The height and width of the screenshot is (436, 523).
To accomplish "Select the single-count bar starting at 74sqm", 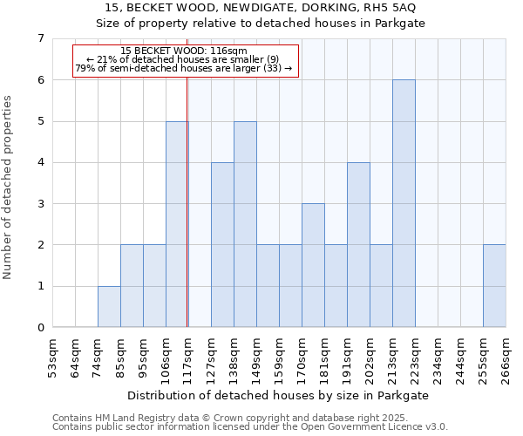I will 109,307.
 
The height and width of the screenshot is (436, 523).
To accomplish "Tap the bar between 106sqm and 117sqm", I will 177,224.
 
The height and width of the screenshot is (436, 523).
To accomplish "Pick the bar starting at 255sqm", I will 494,286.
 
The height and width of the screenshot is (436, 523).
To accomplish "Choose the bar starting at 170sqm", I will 313,265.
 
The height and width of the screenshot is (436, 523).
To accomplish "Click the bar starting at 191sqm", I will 358,245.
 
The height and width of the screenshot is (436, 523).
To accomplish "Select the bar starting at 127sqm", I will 222,245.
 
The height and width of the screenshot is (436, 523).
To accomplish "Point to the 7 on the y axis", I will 40,38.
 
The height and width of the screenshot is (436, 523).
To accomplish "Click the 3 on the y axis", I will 40,204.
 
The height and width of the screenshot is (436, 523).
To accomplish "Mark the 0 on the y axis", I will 40,328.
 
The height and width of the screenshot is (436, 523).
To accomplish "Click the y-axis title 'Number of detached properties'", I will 9,187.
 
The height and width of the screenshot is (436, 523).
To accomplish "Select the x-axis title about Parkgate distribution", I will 259,395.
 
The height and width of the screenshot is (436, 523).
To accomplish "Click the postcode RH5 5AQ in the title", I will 391,8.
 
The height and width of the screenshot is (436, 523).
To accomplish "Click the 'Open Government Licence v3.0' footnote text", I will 366,426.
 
